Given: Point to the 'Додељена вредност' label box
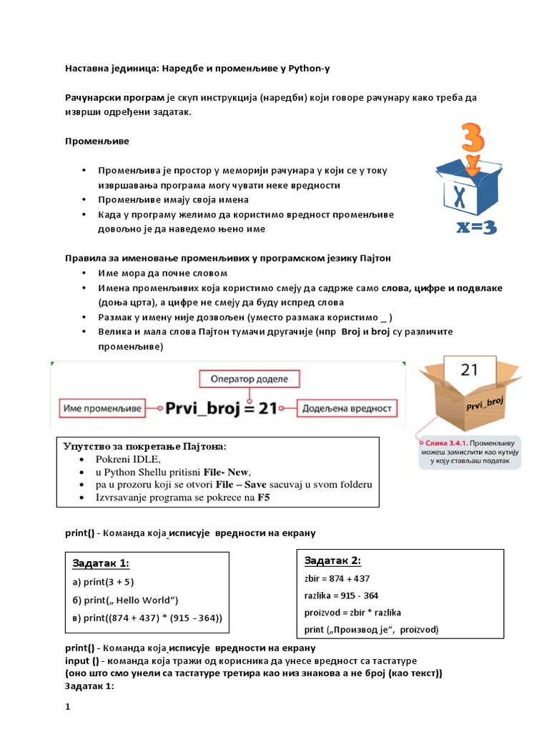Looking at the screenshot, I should pos(346,408).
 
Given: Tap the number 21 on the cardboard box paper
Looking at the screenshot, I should pos(469,370).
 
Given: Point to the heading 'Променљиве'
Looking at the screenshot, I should pos(97,141).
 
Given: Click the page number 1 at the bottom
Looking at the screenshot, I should pos(68,706).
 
